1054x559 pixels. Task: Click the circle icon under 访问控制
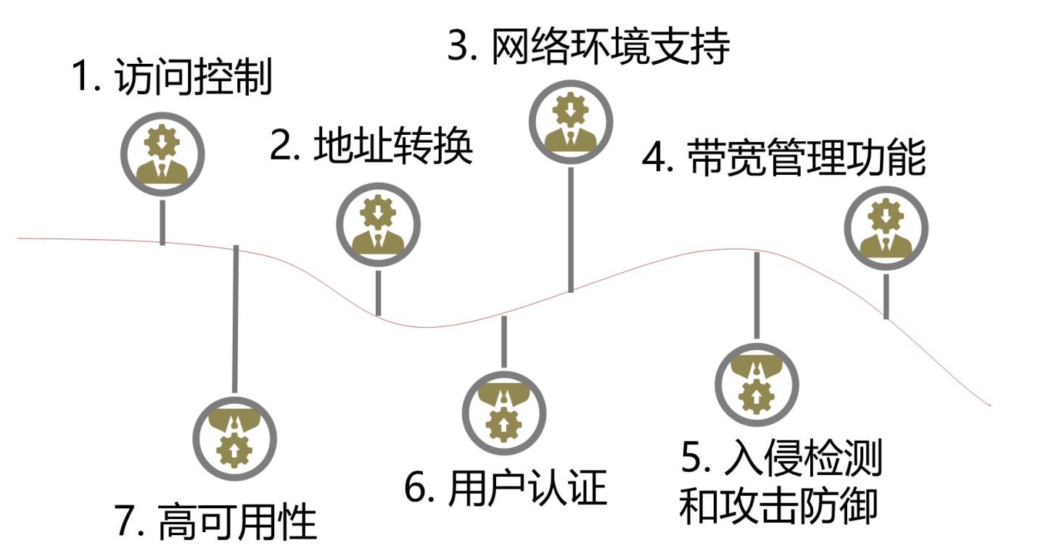pyautogui.click(x=162, y=154)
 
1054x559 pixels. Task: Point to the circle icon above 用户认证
pyautogui.click(x=504, y=412)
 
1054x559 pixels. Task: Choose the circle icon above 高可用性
pyautogui.click(x=234, y=438)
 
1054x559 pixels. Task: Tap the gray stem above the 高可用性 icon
pyautogui.click(x=234, y=320)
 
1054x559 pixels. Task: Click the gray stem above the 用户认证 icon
pyautogui.click(x=504, y=341)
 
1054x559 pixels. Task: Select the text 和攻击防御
pyautogui.click(x=778, y=506)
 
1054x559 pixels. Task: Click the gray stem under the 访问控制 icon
pyautogui.click(x=162, y=220)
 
